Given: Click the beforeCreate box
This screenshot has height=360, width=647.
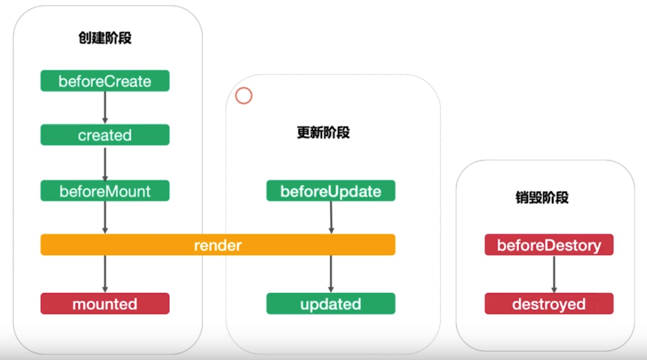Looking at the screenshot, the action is pos(105,81).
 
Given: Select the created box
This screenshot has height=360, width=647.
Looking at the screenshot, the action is pos(105,135).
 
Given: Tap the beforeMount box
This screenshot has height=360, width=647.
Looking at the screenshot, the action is pos(105,191).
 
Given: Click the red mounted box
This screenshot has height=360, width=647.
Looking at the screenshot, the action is pos(105,303).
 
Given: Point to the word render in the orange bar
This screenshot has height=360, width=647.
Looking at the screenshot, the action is pos(218,245).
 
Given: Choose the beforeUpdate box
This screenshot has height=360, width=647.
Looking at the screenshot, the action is pos(331,191).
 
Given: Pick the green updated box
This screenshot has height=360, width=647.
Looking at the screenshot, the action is pos(331,303).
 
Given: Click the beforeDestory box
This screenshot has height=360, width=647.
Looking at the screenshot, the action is pos(549,245).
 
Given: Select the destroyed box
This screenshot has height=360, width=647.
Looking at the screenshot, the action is pos(549,303).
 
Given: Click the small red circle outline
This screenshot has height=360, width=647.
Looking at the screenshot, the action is pos(244,88).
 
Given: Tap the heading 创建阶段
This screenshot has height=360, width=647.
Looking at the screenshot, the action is pos(105,38).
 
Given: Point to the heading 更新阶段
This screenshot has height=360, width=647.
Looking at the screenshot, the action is pos(323,133).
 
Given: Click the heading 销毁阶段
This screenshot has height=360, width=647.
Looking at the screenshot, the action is pos(542,198).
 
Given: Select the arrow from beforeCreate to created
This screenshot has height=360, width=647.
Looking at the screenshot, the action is pos(105,107).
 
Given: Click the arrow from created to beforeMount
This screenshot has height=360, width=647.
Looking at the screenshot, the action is pos(105,164).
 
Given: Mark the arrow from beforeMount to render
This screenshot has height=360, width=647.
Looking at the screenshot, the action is pos(105,218).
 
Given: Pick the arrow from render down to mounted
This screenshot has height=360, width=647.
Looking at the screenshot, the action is pos(105,274).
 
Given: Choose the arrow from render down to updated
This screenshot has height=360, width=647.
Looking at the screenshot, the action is pos(331,274).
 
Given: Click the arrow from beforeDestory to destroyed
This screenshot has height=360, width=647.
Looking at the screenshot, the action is pos(554,274).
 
